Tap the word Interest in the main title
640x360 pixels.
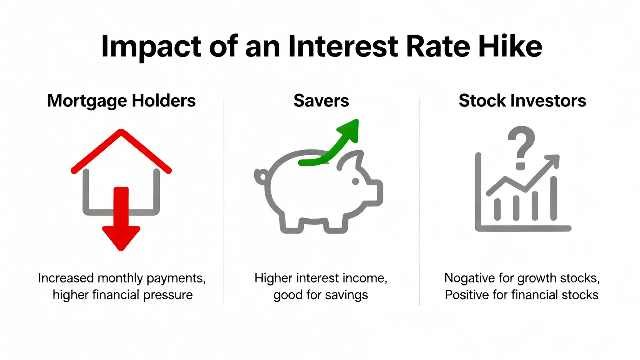tap(343, 46)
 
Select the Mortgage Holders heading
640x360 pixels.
tap(121, 101)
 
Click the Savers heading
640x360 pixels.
tap(321, 101)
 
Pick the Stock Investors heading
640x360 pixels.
tap(522, 101)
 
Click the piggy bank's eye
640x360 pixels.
tap(355, 181)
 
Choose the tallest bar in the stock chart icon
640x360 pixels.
tap(554, 198)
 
